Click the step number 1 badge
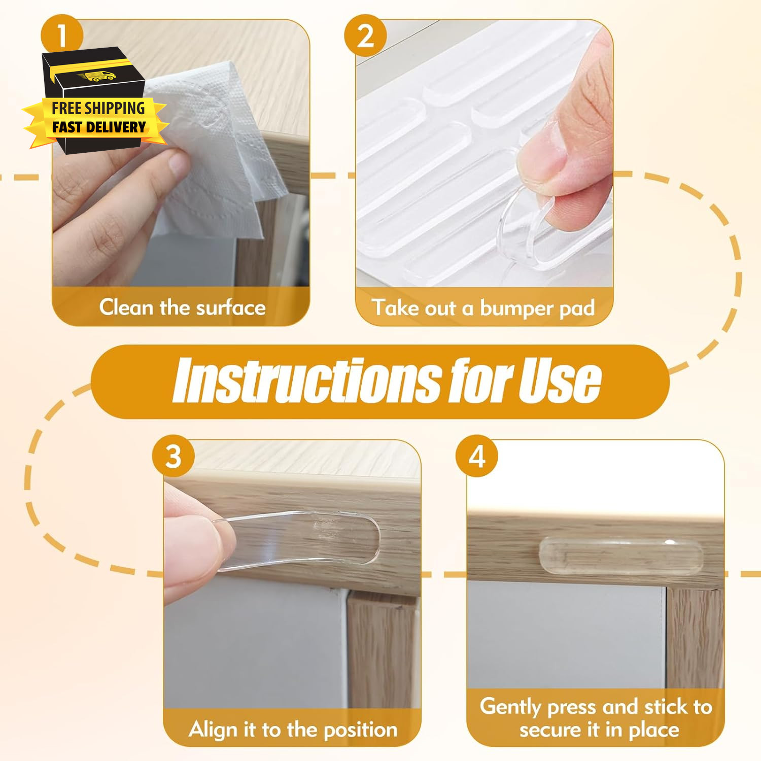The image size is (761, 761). click(62, 36)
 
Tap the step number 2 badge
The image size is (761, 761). click(365, 36)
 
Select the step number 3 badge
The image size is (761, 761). click(174, 456)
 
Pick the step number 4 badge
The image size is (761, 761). click(477, 456)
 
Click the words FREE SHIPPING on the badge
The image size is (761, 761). click(98, 108)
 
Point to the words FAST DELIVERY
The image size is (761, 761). click(99, 127)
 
